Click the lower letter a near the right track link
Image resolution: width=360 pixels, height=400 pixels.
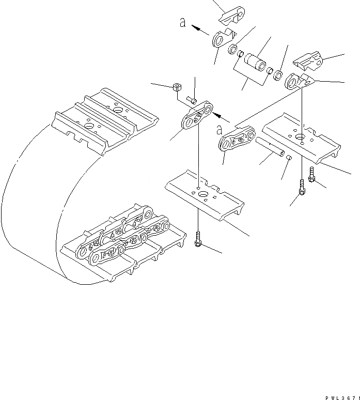pyautogui.click(x=220, y=129)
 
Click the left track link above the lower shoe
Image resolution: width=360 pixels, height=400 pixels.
pyautogui.click(x=196, y=118)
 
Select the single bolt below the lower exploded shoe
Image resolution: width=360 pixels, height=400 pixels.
pyautogui.click(x=198, y=240)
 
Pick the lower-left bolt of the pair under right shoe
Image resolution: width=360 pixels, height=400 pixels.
pyautogui.click(x=301, y=189)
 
